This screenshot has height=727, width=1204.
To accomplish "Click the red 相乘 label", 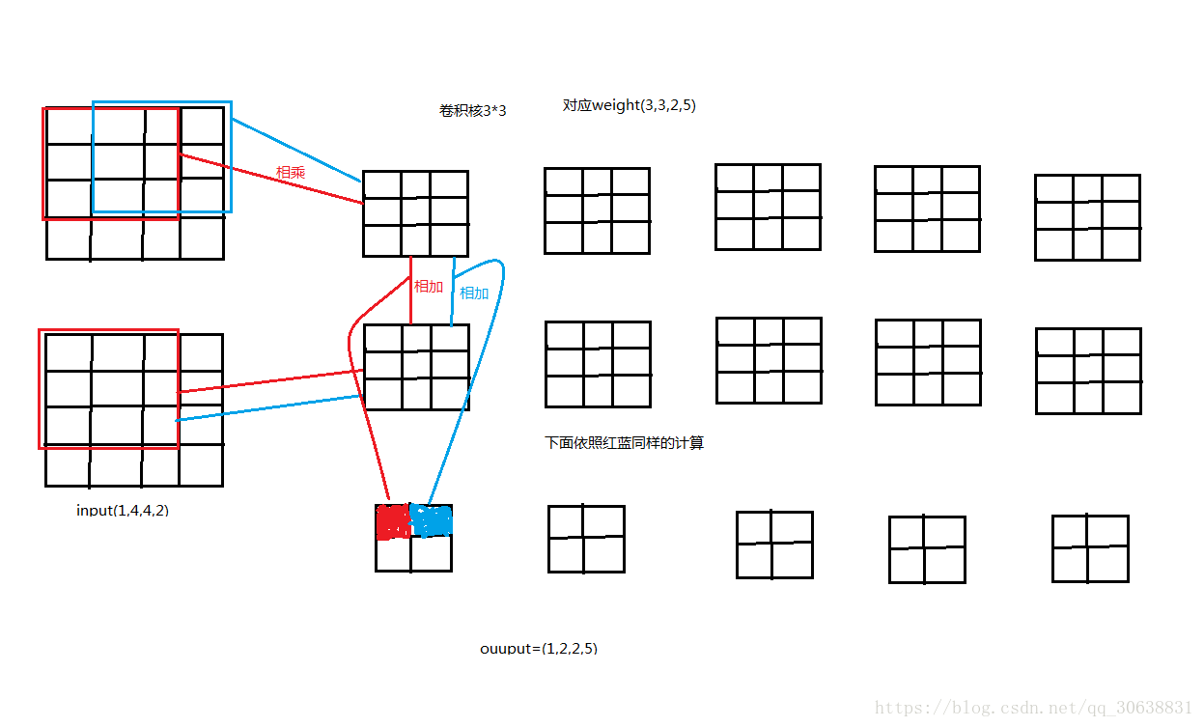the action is coord(291,172).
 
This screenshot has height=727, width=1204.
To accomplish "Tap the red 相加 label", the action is coord(429,287).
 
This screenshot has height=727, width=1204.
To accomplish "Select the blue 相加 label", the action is coord(474,294).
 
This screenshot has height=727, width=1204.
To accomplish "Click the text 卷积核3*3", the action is coord(473,111).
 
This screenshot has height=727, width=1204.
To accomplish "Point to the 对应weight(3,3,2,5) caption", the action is coord(629,105).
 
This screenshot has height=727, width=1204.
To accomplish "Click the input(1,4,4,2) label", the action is coord(123,510).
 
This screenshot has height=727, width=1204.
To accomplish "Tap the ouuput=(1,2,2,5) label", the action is coord(539,648).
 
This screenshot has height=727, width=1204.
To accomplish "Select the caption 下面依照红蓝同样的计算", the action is coord(625,443).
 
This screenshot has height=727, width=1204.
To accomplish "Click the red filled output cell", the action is coord(393,521).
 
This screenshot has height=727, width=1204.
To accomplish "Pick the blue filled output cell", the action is coord(432,520).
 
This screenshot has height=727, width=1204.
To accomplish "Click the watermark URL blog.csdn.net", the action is coord(1033,708).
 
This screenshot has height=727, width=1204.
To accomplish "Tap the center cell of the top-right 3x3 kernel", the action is coord(1087,215).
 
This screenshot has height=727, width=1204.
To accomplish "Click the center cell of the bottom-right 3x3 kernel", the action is coord(1088,370).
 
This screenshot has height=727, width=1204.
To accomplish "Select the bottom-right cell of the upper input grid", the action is coord(202,238).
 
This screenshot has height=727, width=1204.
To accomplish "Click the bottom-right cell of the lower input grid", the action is coord(201,465).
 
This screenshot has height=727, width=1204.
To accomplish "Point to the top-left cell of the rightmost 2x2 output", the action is coord(1070,532).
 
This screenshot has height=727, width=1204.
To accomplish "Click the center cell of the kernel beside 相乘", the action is coord(415,211).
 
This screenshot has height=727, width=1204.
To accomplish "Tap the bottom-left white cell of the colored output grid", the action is coord(393,553).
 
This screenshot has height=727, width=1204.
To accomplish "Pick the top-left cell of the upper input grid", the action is coord(69,126).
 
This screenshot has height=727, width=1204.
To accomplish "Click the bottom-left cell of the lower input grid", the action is coord(68,465).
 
